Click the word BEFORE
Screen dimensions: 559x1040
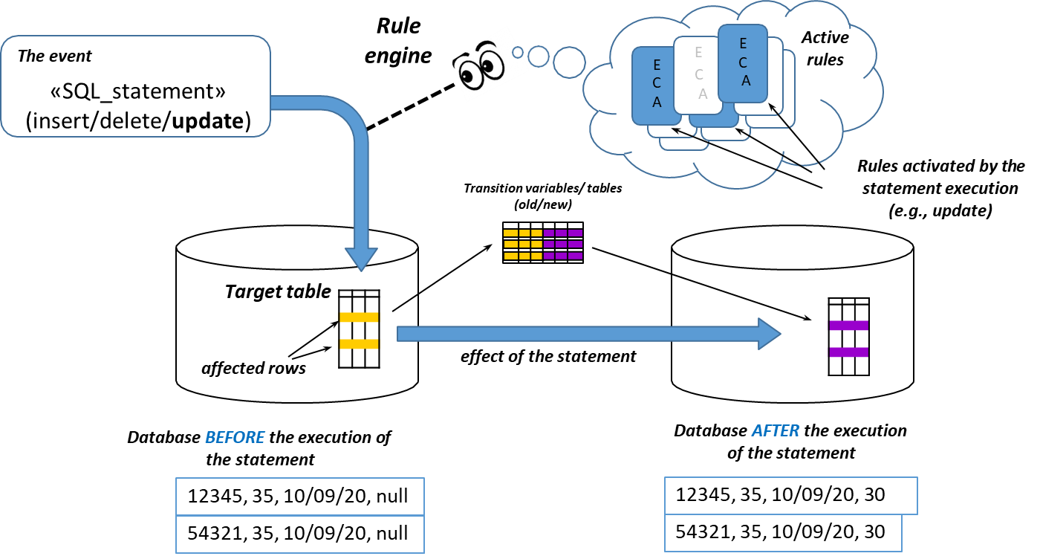[235, 437]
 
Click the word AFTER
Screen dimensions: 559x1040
[776, 430]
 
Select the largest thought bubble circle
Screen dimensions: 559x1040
[570, 62]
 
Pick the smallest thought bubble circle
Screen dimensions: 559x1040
[518, 52]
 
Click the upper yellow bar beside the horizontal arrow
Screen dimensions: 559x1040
[360, 317]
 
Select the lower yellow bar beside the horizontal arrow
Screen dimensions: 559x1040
[360, 344]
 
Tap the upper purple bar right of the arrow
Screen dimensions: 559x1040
[848, 326]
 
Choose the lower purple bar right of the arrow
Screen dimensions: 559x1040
[848, 352]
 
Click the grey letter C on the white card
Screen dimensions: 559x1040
[698, 74]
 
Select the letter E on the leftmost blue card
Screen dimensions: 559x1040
[657, 65]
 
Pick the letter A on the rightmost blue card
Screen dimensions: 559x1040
[745, 81]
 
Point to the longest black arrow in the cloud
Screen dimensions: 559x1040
[779, 116]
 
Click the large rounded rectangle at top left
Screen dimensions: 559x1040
[135, 86]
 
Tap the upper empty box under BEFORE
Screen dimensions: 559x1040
[300, 497]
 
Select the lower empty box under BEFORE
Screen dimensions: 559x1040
[300, 534]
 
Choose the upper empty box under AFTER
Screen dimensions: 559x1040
[790, 496]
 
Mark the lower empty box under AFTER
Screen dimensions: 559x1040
[783, 533]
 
